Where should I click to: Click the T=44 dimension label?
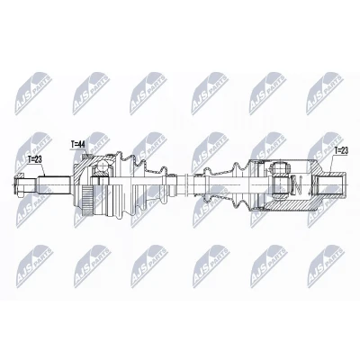78,145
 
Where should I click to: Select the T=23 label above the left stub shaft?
35,159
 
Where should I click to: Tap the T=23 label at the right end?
341,150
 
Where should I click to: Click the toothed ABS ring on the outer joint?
87,198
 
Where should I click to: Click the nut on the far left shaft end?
18,185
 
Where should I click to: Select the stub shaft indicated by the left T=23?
54,184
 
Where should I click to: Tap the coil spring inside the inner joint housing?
298,185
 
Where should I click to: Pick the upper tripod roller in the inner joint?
280,166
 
